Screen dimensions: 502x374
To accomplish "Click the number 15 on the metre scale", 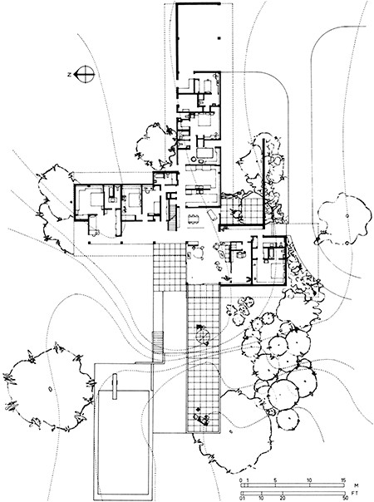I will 342,482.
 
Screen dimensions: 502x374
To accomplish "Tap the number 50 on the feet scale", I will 342,498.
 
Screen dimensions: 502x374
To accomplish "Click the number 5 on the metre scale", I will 275,482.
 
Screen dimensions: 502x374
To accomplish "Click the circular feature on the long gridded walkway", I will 200,336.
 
